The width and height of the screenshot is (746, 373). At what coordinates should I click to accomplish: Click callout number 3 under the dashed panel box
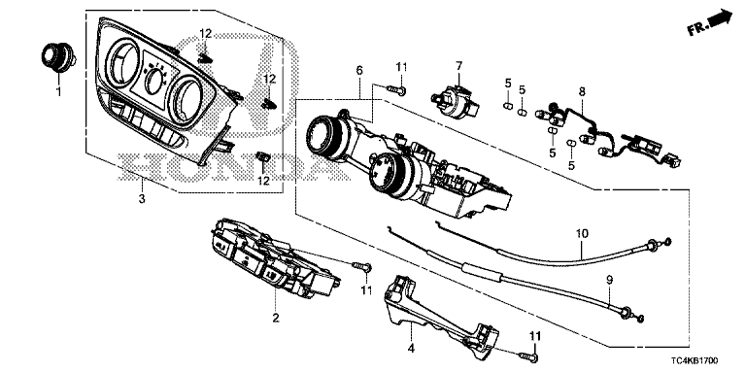point(142,199)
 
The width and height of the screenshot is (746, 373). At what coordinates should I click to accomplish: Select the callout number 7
point(458,65)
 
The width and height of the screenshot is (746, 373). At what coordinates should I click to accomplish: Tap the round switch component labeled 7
point(456,102)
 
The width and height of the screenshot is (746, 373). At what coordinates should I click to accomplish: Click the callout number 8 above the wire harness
point(582,91)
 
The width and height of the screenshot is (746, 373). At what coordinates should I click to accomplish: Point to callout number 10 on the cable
point(582,233)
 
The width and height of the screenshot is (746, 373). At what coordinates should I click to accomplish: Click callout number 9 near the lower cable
point(610,280)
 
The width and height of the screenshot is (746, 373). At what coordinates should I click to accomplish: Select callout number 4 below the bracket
point(411,349)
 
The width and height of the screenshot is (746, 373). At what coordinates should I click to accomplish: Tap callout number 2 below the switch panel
point(276,318)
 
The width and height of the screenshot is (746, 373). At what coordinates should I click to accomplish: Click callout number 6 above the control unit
point(359,70)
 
